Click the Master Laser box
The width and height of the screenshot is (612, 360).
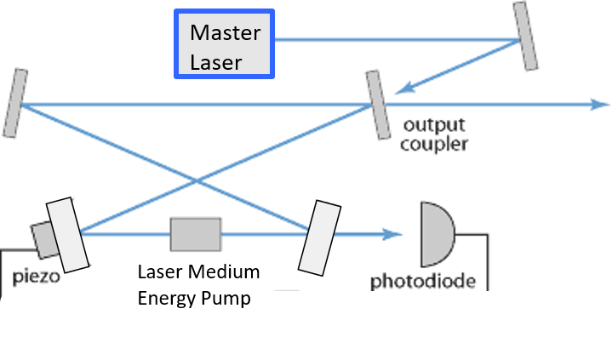tap(225, 45)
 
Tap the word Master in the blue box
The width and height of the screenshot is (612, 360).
tap(225, 33)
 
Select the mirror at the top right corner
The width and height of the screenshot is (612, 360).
tap(526, 37)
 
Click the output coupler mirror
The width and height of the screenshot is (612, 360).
tap(376, 106)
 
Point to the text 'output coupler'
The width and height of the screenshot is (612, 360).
tap(434, 134)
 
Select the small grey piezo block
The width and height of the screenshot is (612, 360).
tap(43, 239)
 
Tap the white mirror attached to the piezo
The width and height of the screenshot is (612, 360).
tap(67, 234)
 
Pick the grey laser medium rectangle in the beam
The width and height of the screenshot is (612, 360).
tap(196, 233)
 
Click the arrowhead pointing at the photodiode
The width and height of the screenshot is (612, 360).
tap(393, 233)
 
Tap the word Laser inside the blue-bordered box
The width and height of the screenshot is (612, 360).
tap(216, 61)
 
